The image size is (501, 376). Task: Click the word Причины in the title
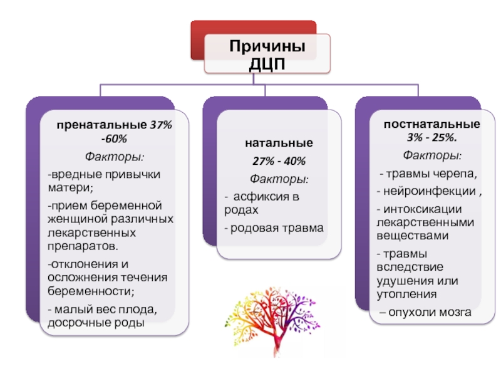267,46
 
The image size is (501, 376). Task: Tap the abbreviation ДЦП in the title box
267,64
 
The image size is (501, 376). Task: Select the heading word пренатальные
101,125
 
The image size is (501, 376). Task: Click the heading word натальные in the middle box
279,143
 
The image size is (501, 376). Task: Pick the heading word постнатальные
431,124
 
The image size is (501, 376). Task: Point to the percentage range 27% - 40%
279,161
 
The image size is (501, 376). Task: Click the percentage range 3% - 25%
431,137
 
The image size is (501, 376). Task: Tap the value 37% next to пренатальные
161,125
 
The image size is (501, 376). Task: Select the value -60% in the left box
114,138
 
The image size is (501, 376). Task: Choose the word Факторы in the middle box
279,179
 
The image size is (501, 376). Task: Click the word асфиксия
257,196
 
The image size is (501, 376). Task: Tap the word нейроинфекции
430,191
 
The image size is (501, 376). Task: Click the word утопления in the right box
406,294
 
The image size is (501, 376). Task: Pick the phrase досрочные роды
96,323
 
